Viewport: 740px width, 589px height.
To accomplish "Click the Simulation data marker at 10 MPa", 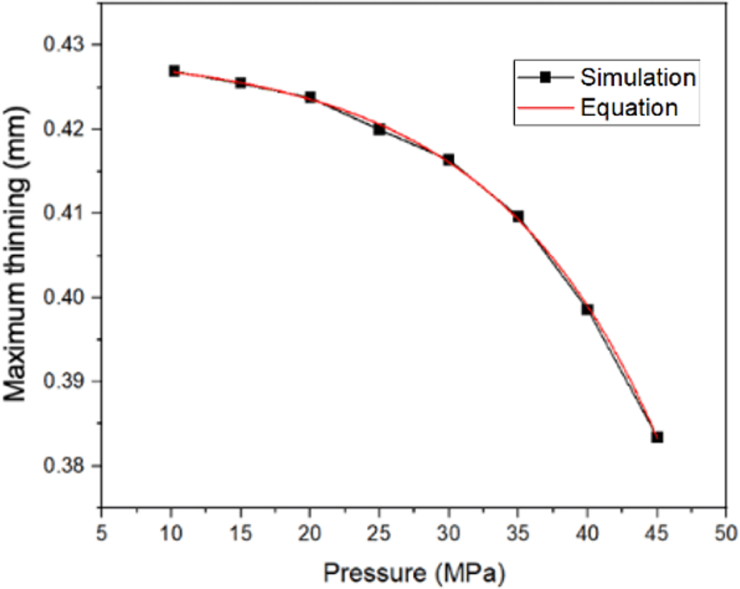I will coord(174,71).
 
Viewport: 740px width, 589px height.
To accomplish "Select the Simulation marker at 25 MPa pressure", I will coord(379,129).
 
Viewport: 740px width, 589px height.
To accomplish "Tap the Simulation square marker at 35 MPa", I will coord(518,216).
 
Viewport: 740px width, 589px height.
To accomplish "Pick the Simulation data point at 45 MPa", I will coord(657,437).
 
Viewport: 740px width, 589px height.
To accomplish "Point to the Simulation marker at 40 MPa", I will coord(588,309).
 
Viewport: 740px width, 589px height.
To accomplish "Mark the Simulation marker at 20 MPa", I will coord(310,97).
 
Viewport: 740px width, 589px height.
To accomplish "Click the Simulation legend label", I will coord(638,78).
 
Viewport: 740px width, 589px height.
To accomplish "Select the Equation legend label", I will coord(630,108).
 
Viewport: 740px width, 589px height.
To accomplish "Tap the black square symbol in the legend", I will coord(545,78).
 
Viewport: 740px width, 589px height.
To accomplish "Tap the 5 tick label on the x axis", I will coord(102,533).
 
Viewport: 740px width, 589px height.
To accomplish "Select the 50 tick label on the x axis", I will coord(726,533).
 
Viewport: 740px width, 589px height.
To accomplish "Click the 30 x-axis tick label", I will coord(449,533).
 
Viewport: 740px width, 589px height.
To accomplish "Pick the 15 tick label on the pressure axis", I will coord(240,533).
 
